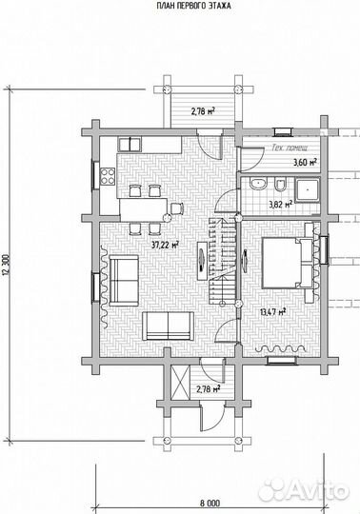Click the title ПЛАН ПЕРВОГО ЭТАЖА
(x=193, y=6)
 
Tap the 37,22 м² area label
(x=166, y=245)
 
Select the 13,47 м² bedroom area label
(x=272, y=311)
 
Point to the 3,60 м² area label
(x=305, y=162)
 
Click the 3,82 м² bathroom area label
(x=281, y=205)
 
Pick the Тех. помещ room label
(x=290, y=148)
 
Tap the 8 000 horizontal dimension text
(x=210, y=503)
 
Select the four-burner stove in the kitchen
(x=108, y=176)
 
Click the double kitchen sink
(x=130, y=145)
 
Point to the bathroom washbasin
(x=259, y=184)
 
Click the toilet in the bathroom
(x=281, y=185)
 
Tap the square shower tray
(x=308, y=189)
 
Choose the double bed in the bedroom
(x=288, y=264)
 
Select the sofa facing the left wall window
(x=124, y=280)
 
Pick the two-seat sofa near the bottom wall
(x=168, y=326)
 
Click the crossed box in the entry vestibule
(x=181, y=383)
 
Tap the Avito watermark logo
(x=303, y=490)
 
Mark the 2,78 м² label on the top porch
(x=203, y=111)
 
